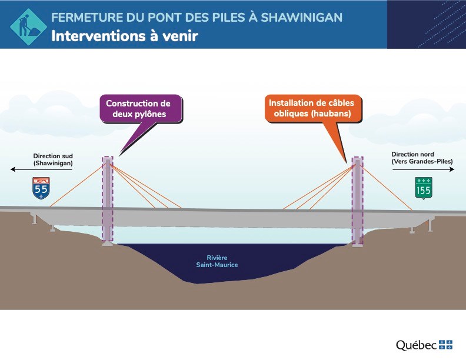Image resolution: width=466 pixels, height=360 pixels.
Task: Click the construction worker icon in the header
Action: point(28,26)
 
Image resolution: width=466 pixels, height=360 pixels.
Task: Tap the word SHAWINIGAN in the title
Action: point(302,18)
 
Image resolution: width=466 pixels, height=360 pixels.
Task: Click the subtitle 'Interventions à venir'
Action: point(125,36)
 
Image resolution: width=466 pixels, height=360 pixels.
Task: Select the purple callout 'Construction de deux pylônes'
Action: point(141,109)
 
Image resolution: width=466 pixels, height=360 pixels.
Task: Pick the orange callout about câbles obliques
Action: point(313,108)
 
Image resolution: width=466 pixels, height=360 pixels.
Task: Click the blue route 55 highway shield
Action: point(41,188)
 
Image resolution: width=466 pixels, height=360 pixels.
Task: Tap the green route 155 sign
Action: point(424,188)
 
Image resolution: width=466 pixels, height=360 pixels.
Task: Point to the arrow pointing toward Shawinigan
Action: point(41,169)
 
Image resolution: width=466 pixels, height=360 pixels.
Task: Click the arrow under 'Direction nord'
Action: point(423,169)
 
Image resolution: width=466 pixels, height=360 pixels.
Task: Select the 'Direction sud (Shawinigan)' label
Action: point(53,159)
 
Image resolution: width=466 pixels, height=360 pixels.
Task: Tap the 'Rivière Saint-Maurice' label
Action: point(217,261)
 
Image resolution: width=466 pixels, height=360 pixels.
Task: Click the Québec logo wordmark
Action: point(416,345)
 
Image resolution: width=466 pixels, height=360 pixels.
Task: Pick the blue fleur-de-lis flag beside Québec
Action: point(445,345)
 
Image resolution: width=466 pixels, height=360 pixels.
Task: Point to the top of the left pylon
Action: point(108,160)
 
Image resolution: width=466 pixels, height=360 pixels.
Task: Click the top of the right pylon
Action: point(358,160)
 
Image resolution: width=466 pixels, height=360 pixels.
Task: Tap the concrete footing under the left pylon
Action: point(108,244)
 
